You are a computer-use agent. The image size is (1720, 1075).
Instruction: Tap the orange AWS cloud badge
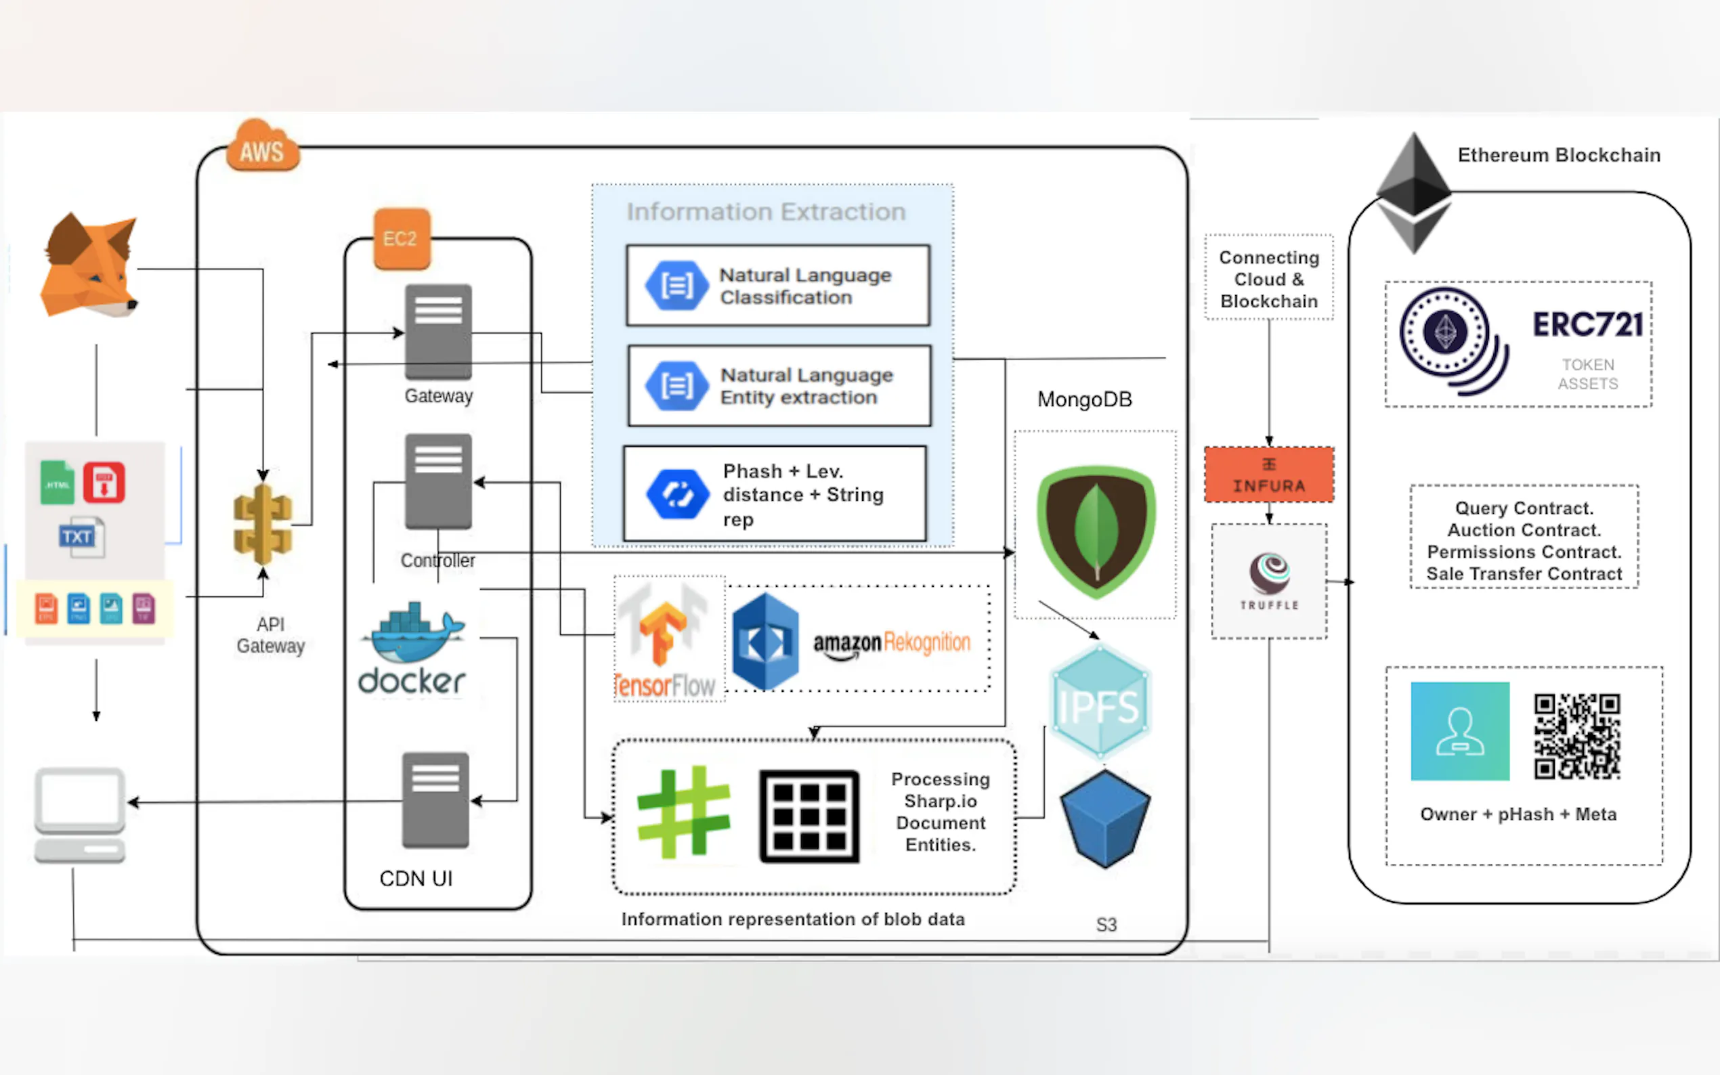262,147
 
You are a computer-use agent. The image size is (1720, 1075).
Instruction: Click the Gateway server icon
438,331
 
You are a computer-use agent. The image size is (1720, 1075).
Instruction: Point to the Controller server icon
438,481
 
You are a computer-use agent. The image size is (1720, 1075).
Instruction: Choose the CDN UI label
416,879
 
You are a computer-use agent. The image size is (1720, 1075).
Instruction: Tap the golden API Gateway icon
262,525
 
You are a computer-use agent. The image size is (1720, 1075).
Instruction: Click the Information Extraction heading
766,212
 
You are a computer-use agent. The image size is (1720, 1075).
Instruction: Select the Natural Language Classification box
778,286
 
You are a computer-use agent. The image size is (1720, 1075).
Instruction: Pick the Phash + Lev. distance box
775,494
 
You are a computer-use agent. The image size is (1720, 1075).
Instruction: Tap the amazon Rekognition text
892,642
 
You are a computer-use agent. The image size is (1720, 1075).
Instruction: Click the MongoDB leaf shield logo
1096,530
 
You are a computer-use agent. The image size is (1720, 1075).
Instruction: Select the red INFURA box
1269,475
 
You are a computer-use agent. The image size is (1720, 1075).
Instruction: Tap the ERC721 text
1588,325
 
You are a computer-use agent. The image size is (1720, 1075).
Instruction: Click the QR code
1577,736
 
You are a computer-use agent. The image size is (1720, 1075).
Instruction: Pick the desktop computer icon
80,815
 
